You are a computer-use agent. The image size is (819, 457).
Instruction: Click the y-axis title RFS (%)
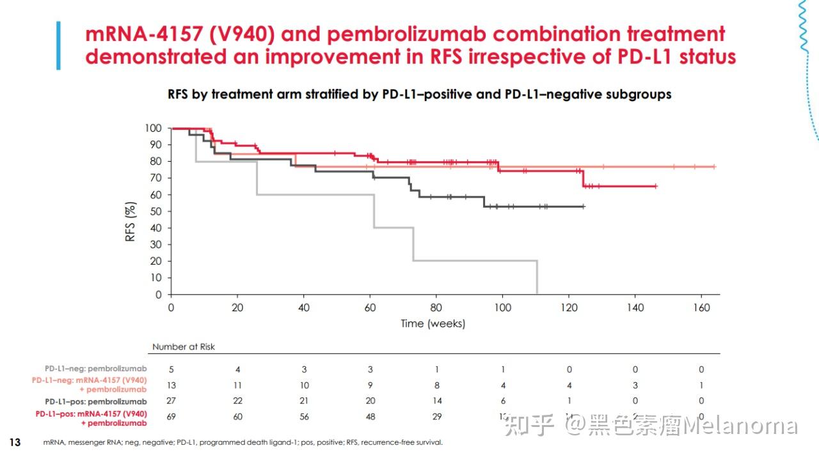click(x=131, y=221)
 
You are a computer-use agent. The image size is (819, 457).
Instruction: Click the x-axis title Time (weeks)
click(x=433, y=323)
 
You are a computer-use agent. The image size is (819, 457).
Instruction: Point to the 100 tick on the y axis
click(x=153, y=128)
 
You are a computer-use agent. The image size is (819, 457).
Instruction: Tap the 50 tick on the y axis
click(x=155, y=212)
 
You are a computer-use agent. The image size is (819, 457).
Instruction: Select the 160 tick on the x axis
click(x=701, y=307)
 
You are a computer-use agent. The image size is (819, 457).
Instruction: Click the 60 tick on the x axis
click(x=370, y=307)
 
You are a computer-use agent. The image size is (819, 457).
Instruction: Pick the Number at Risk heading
click(x=183, y=346)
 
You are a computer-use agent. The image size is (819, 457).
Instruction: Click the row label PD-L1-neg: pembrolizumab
click(x=95, y=369)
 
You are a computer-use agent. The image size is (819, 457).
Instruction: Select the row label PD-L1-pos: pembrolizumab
click(x=95, y=401)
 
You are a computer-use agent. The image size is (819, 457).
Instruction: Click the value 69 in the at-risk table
click(x=171, y=417)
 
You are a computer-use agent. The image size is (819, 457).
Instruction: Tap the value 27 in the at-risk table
click(x=171, y=401)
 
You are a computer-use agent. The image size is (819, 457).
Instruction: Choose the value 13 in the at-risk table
click(x=171, y=385)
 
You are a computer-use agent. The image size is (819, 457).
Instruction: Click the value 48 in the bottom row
click(x=370, y=417)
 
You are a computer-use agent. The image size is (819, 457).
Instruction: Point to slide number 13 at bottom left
click(x=15, y=442)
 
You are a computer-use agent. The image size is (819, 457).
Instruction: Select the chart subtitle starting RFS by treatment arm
click(x=419, y=95)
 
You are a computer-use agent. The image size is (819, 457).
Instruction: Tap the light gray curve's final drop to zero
click(x=537, y=278)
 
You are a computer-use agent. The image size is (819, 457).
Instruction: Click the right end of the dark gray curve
click(x=583, y=206)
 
